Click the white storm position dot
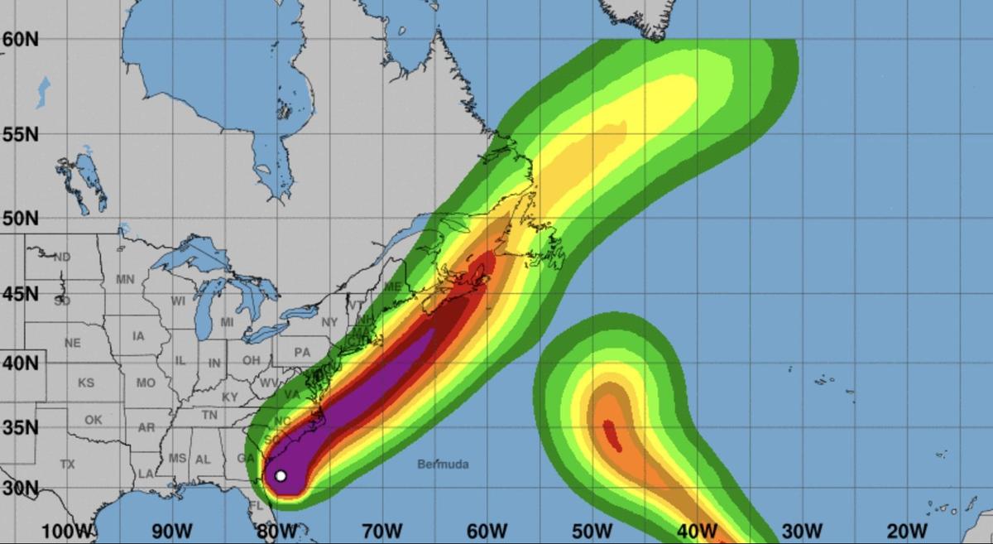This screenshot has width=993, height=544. tap(281, 475)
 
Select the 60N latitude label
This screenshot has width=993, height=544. tap(21, 39)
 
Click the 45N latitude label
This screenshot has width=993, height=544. tap(21, 294)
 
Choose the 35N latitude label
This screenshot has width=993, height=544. tap(21, 428)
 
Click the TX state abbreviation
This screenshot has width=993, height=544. tap(67, 465)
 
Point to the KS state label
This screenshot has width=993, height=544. tap(86, 383)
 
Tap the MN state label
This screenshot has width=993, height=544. tap(125, 280)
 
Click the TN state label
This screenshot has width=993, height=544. tap(209, 415)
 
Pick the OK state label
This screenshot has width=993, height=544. tap(93, 420)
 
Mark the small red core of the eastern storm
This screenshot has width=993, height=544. tap(612, 435)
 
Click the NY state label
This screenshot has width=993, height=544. tap(329, 321)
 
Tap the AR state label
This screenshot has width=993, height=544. tap(146, 427)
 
